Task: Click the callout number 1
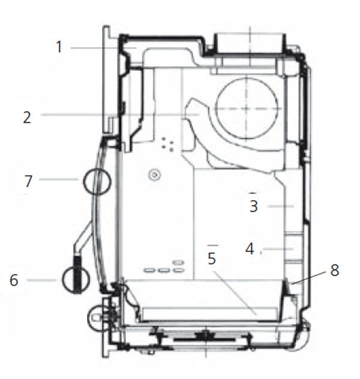point(59,47)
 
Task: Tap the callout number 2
point(27,118)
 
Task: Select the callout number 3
point(254,206)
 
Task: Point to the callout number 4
point(250,249)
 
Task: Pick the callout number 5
point(212,258)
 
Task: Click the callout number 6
point(14,281)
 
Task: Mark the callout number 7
point(28,181)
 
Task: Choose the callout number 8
point(335,270)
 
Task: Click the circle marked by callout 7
point(83,182)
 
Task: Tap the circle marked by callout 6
point(63,279)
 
